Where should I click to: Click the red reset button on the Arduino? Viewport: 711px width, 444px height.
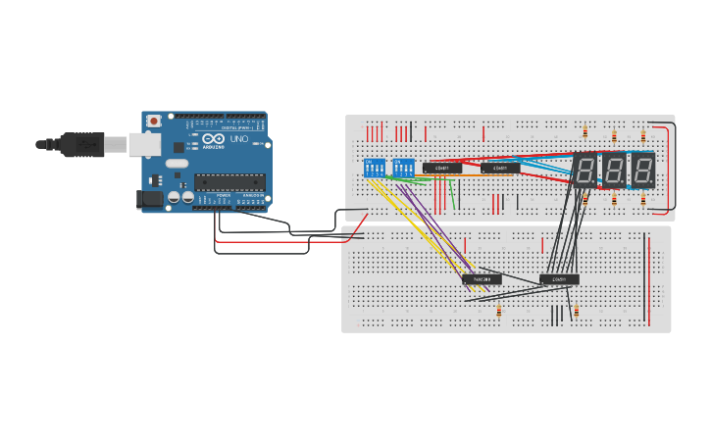click(153, 121)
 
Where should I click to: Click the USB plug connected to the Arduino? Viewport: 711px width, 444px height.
click(82, 144)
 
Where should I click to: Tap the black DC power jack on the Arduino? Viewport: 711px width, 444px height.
click(148, 199)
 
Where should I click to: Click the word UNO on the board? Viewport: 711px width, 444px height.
click(238, 138)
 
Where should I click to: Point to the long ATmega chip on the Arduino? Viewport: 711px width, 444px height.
click(230, 181)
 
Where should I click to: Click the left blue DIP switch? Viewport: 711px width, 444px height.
click(375, 168)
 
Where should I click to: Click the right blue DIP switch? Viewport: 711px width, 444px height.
click(403, 168)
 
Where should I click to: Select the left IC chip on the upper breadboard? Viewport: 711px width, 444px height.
click(442, 168)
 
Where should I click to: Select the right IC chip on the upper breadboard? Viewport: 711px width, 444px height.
click(500, 168)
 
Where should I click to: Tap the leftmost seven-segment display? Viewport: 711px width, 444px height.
click(584, 171)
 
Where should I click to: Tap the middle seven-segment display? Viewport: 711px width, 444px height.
click(614, 171)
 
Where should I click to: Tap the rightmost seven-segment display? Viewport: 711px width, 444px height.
click(642, 171)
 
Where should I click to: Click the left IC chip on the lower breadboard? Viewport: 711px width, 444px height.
click(482, 279)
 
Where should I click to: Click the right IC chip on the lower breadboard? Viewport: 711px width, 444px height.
click(559, 279)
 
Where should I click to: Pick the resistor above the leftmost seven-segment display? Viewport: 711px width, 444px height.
click(585, 132)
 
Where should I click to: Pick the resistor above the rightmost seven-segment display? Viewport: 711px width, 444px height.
click(643, 136)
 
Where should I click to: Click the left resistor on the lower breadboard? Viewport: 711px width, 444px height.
click(499, 312)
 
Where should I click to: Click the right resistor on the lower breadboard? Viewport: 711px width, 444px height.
click(576, 312)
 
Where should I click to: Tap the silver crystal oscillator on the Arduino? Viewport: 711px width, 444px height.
click(177, 163)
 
